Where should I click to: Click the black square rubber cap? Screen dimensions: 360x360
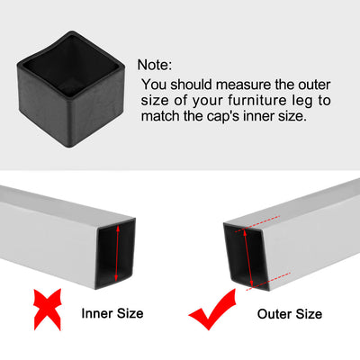(x=71, y=89)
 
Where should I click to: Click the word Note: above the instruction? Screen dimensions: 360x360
(x=155, y=65)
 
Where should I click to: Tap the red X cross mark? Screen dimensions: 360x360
(x=48, y=310)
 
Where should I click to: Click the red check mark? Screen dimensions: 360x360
(x=212, y=310)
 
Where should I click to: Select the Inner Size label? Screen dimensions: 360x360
(x=112, y=313)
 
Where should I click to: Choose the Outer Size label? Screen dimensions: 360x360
(x=290, y=314)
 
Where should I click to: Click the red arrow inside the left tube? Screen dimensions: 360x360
(x=117, y=254)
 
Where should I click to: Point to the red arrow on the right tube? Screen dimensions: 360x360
(x=248, y=257)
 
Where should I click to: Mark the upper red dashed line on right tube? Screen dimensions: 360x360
(x=257, y=223)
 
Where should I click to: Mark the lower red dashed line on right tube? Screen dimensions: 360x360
(x=268, y=281)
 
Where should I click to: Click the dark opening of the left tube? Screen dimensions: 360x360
(x=115, y=254)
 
